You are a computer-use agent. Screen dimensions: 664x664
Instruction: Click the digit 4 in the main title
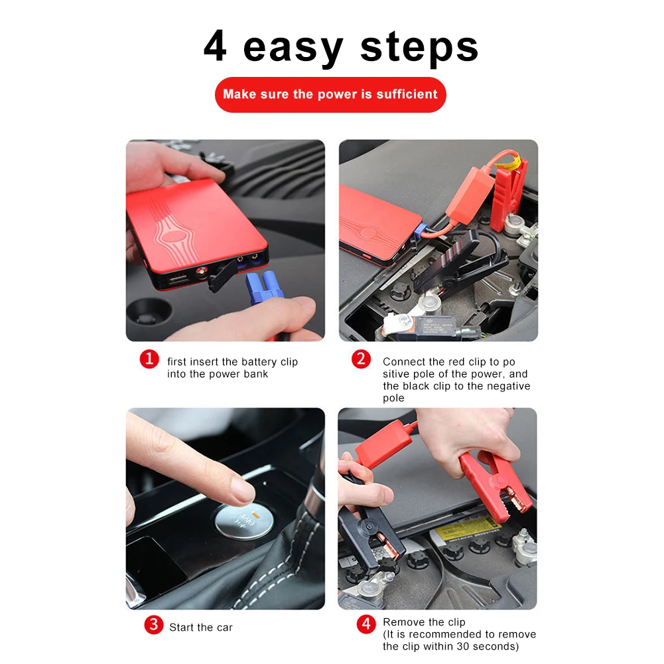215,46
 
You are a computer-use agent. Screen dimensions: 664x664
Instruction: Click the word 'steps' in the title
419,48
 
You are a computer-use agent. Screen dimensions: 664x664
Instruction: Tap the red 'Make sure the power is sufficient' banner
330,94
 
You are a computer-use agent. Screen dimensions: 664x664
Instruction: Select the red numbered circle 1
149,359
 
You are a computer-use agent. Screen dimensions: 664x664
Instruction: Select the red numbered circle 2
362,359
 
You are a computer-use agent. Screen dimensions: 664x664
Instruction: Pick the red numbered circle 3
154,625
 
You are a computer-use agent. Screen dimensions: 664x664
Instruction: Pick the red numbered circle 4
366,624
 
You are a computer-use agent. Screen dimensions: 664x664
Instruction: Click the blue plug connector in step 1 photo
263,288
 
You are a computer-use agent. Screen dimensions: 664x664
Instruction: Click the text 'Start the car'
201,627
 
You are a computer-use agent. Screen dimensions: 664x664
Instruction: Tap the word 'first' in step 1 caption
176,362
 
